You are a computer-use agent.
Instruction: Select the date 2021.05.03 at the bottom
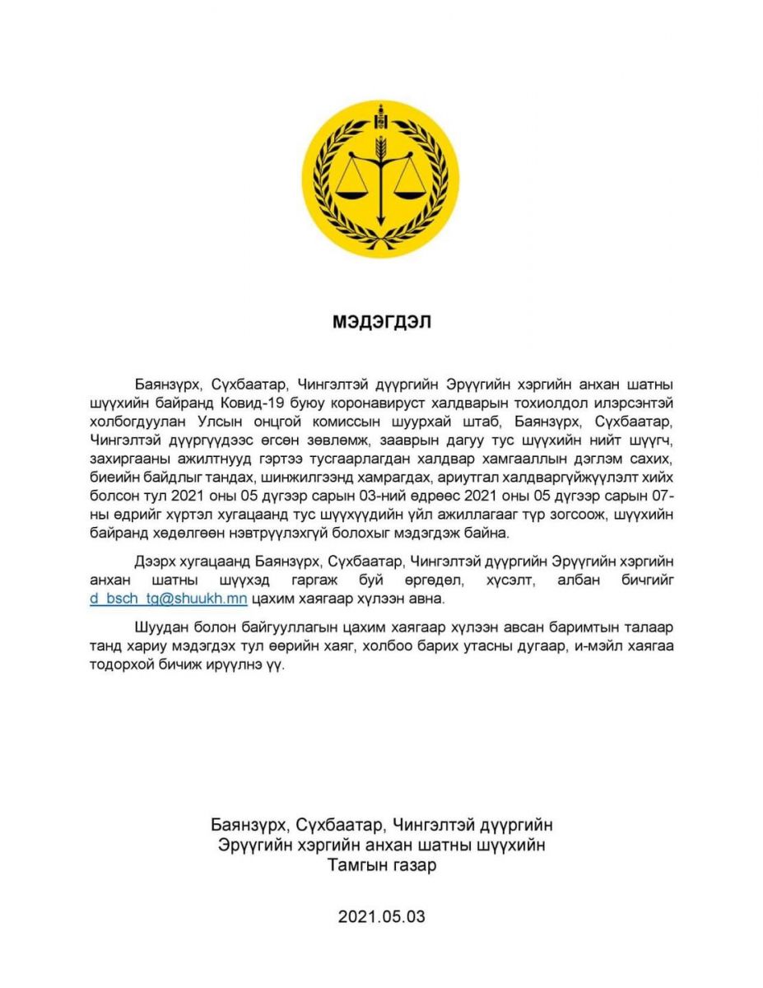click(381, 916)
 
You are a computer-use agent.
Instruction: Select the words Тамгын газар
click(381, 866)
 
